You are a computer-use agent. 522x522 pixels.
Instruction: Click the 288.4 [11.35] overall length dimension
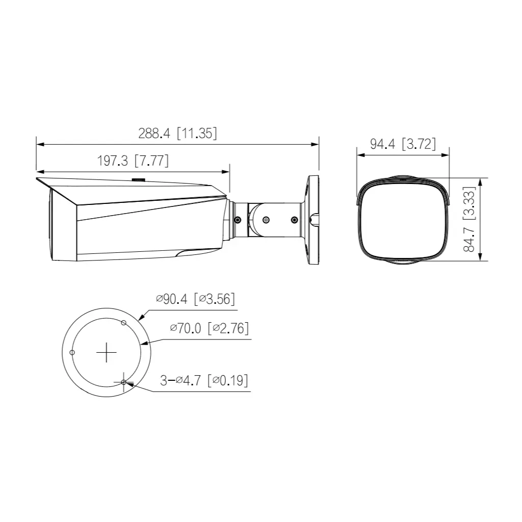tap(177, 134)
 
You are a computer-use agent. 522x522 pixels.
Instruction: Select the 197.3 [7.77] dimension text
tap(133, 161)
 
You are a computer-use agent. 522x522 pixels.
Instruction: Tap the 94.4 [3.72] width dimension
tap(403, 144)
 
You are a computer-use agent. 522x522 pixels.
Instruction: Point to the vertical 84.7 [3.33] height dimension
tap(469, 219)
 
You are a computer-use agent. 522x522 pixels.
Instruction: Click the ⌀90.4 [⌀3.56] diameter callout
tap(196, 299)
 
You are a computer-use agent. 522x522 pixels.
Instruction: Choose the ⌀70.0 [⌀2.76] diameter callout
tap(210, 328)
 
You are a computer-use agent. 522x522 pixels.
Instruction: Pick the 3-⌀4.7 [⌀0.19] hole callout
tap(204, 380)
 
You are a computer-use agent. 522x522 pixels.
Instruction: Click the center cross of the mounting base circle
tap(107, 352)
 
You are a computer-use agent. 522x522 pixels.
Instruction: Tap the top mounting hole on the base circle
tap(123, 322)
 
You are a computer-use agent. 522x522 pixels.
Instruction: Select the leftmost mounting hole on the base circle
tap(72, 352)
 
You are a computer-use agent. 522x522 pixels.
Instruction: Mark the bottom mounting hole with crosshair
tap(124, 381)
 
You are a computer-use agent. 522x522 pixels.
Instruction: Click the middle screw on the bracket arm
tap(266, 220)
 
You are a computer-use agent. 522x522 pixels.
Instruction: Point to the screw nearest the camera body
tap(238, 220)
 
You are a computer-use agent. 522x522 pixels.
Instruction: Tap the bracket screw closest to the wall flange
tap(294, 220)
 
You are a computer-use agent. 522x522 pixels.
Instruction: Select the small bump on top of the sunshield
tap(138, 179)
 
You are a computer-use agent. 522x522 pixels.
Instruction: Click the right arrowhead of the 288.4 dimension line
tap(316, 144)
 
